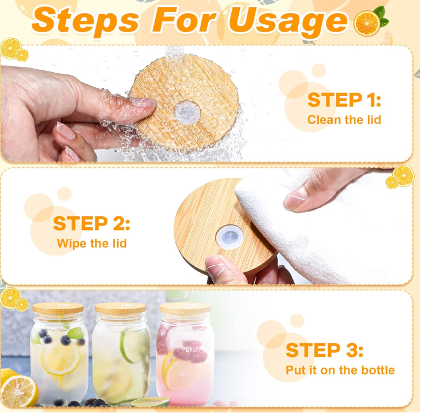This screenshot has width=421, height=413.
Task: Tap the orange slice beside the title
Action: (367, 23)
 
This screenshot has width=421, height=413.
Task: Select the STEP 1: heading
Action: (344, 100)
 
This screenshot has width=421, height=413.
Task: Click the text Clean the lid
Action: (344, 120)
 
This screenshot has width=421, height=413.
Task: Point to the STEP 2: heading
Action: (92, 223)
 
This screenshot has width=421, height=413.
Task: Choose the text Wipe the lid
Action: (92, 243)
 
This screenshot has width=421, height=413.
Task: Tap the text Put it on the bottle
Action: (340, 370)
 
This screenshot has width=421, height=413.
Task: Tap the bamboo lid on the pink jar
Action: (185, 309)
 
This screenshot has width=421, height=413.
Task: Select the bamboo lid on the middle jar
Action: (120, 309)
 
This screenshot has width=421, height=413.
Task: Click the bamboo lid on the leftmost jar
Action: (58, 309)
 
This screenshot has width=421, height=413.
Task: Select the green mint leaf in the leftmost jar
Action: (74, 333)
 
